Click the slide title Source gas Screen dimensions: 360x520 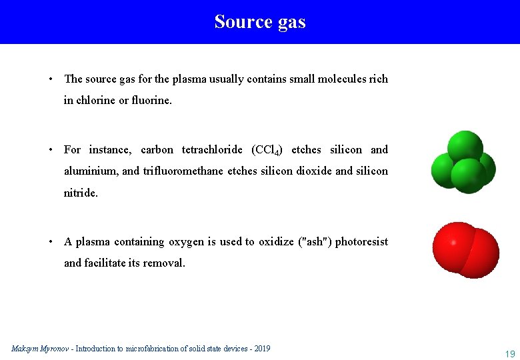click(x=260, y=22)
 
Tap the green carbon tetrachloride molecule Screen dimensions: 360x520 click(x=464, y=163)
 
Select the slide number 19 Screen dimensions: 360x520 click(x=510, y=353)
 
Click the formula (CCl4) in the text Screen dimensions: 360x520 click(x=267, y=150)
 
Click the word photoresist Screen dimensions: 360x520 click(x=361, y=242)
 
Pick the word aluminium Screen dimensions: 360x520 click(x=91, y=171)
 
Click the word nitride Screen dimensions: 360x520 click(x=80, y=193)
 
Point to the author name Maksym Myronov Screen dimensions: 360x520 click(x=40, y=349)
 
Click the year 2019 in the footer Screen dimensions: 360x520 click(x=261, y=349)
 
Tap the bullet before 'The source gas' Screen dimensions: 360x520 click(x=51, y=79)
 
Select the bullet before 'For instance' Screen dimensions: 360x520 click(x=51, y=150)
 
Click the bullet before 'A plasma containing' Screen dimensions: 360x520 click(x=51, y=242)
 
